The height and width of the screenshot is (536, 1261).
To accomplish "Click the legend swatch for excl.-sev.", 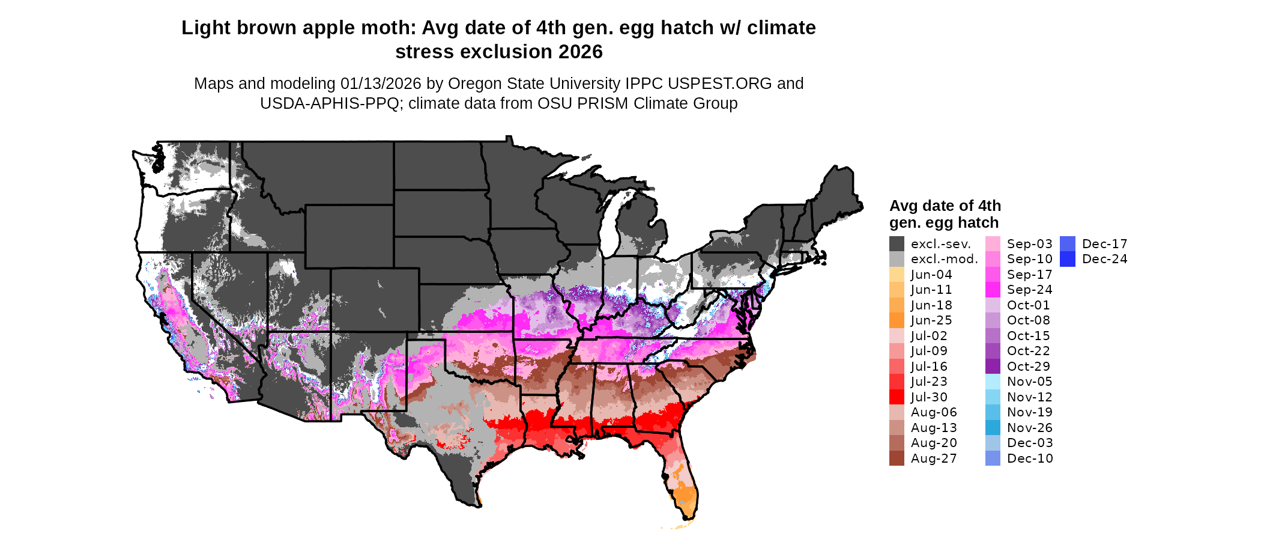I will click(897, 244).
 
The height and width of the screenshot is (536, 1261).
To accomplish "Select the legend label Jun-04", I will click(931, 275).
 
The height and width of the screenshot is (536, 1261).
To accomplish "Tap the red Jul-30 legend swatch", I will click(897, 397).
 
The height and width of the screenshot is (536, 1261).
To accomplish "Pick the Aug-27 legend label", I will click(934, 458).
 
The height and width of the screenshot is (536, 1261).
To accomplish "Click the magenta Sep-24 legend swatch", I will click(993, 290).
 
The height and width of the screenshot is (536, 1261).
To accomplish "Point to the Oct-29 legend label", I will click(1029, 367).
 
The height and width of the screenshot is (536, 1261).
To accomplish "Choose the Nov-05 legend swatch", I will click(993, 382).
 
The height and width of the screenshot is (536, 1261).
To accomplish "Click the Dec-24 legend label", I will click(1104, 259).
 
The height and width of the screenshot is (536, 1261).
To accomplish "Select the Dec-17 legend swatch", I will click(1067, 244).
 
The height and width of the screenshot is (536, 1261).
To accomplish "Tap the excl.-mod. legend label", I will click(944, 259).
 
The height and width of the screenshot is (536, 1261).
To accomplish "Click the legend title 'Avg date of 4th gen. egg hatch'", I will click(945, 214).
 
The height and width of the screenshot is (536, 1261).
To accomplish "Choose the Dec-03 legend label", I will click(1030, 443).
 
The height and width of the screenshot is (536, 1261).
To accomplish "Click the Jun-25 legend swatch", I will click(897, 320).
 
